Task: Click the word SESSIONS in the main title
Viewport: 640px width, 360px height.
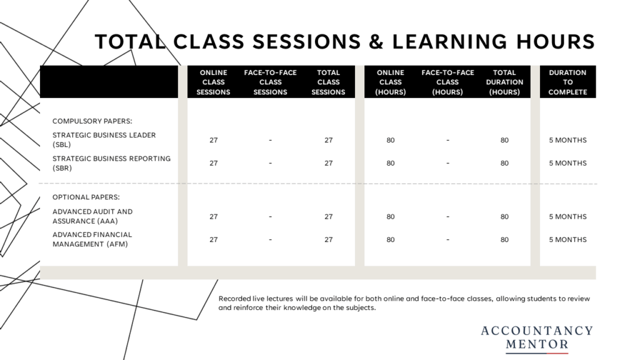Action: (306, 42)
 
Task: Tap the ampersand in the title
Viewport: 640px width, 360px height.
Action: (376, 42)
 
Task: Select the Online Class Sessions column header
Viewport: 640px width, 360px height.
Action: (214, 82)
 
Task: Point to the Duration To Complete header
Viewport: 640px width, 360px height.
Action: (567, 82)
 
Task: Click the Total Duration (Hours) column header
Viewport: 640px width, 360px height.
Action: (504, 82)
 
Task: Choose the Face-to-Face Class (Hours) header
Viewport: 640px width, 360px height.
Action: (447, 82)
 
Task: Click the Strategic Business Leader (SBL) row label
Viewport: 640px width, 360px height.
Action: (104, 139)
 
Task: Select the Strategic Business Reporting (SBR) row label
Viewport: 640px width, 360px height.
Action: (111, 163)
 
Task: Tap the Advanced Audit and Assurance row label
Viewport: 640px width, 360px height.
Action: (92, 216)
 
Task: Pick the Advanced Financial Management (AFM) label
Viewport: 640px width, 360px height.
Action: (92, 239)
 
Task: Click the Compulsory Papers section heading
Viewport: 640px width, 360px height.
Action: (92, 121)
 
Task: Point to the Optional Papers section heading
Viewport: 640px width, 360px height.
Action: (86, 197)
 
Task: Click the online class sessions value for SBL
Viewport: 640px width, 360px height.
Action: (214, 140)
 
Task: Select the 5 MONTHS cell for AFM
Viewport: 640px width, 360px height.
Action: (567, 239)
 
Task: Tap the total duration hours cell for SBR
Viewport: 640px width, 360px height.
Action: (504, 163)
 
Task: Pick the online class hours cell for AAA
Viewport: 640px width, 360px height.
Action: (391, 217)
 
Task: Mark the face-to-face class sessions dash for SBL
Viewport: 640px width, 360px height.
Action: (270, 140)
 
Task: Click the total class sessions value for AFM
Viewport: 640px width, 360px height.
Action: (329, 239)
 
